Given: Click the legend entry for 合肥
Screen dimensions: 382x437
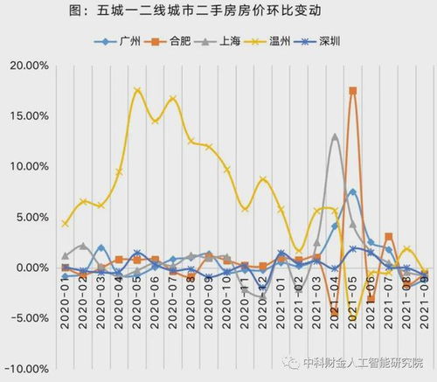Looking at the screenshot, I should [170, 41].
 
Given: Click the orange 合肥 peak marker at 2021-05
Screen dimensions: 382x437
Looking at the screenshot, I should [353, 91].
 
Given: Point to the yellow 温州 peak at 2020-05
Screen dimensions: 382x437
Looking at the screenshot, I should [137, 91].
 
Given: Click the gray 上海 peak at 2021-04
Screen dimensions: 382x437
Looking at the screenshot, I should [335, 136].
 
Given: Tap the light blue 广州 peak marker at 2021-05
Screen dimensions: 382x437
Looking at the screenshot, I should [353, 192].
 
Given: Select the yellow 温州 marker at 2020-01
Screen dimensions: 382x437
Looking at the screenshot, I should [66, 224].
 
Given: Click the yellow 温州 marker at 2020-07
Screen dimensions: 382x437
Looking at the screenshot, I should [173, 99].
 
